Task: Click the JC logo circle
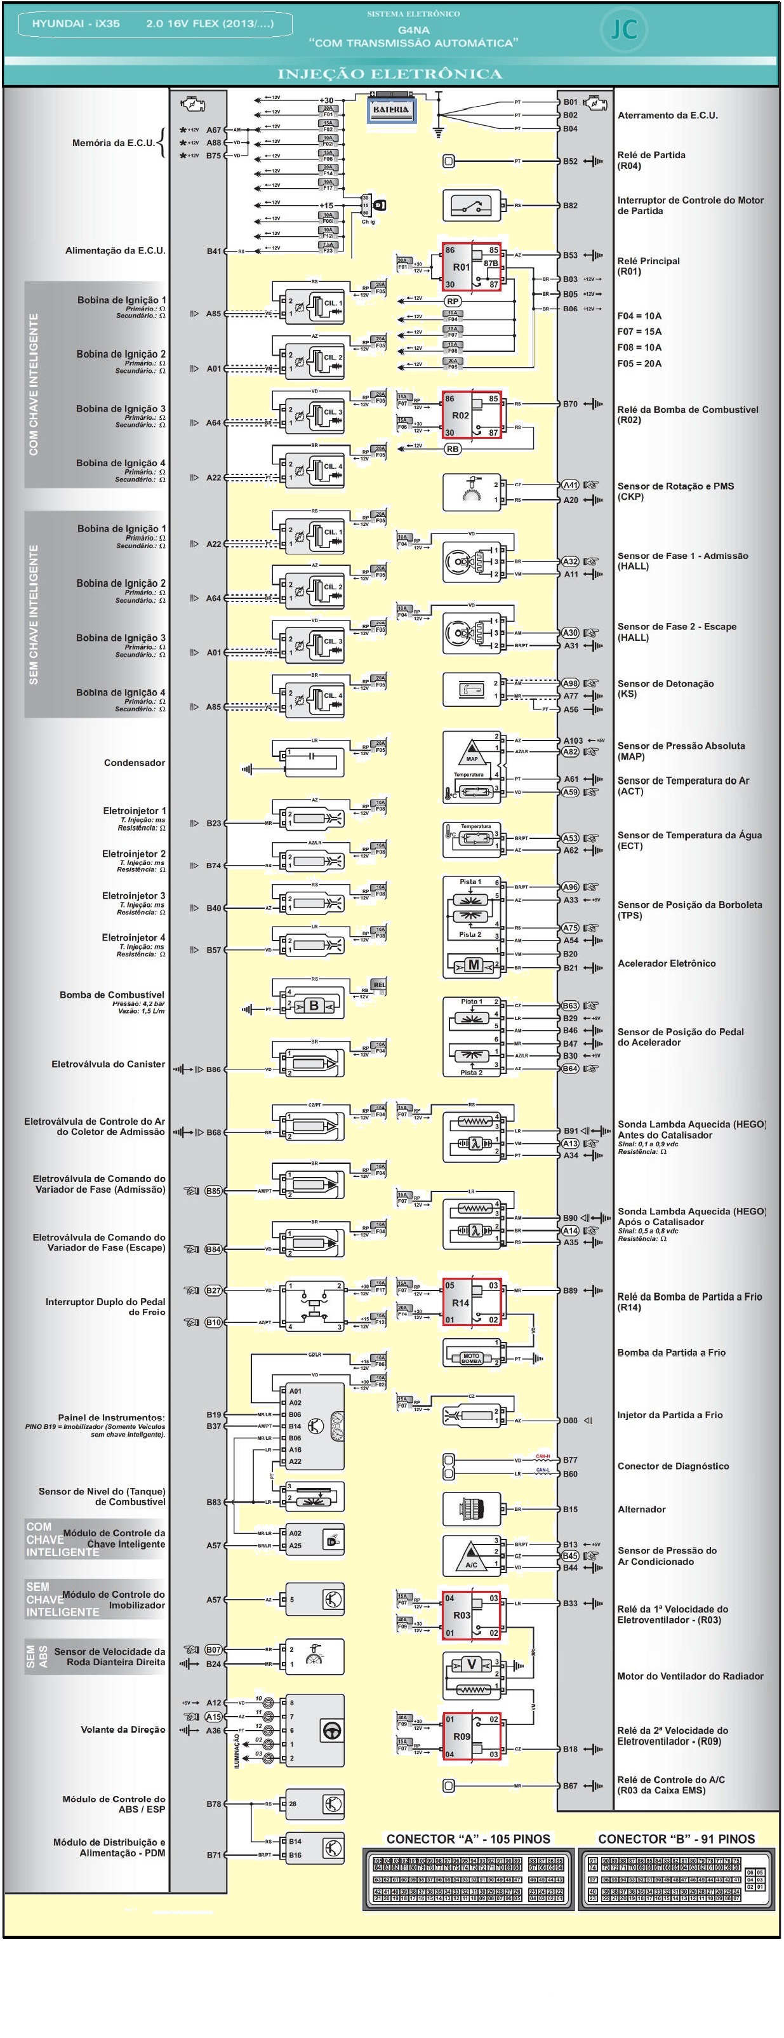click(623, 29)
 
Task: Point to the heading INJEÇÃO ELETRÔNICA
click(390, 74)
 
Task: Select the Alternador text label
click(642, 1509)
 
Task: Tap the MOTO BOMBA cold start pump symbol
click(472, 1358)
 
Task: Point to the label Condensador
click(135, 763)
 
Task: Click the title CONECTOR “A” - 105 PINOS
click(468, 1839)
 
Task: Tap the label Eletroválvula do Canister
click(109, 1064)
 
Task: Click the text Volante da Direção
click(123, 1729)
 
